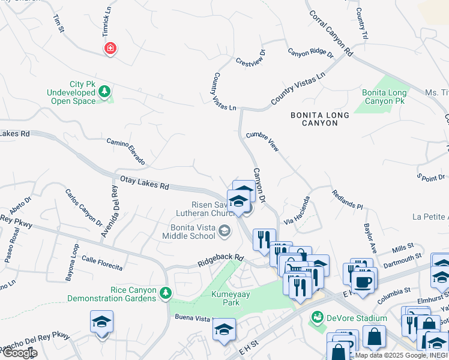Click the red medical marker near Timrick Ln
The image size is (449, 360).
110,49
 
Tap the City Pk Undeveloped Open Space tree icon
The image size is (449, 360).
105,91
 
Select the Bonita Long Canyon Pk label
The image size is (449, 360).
384,97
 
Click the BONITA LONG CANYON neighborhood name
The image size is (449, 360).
322,119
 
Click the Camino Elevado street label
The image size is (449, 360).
126,151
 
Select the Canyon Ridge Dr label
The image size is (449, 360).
310,53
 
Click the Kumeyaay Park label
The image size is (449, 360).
226,298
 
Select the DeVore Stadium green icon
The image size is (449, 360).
317,318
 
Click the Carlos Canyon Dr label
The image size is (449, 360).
83,208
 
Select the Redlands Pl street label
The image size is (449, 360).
348,199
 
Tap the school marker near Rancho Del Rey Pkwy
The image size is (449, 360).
101,323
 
